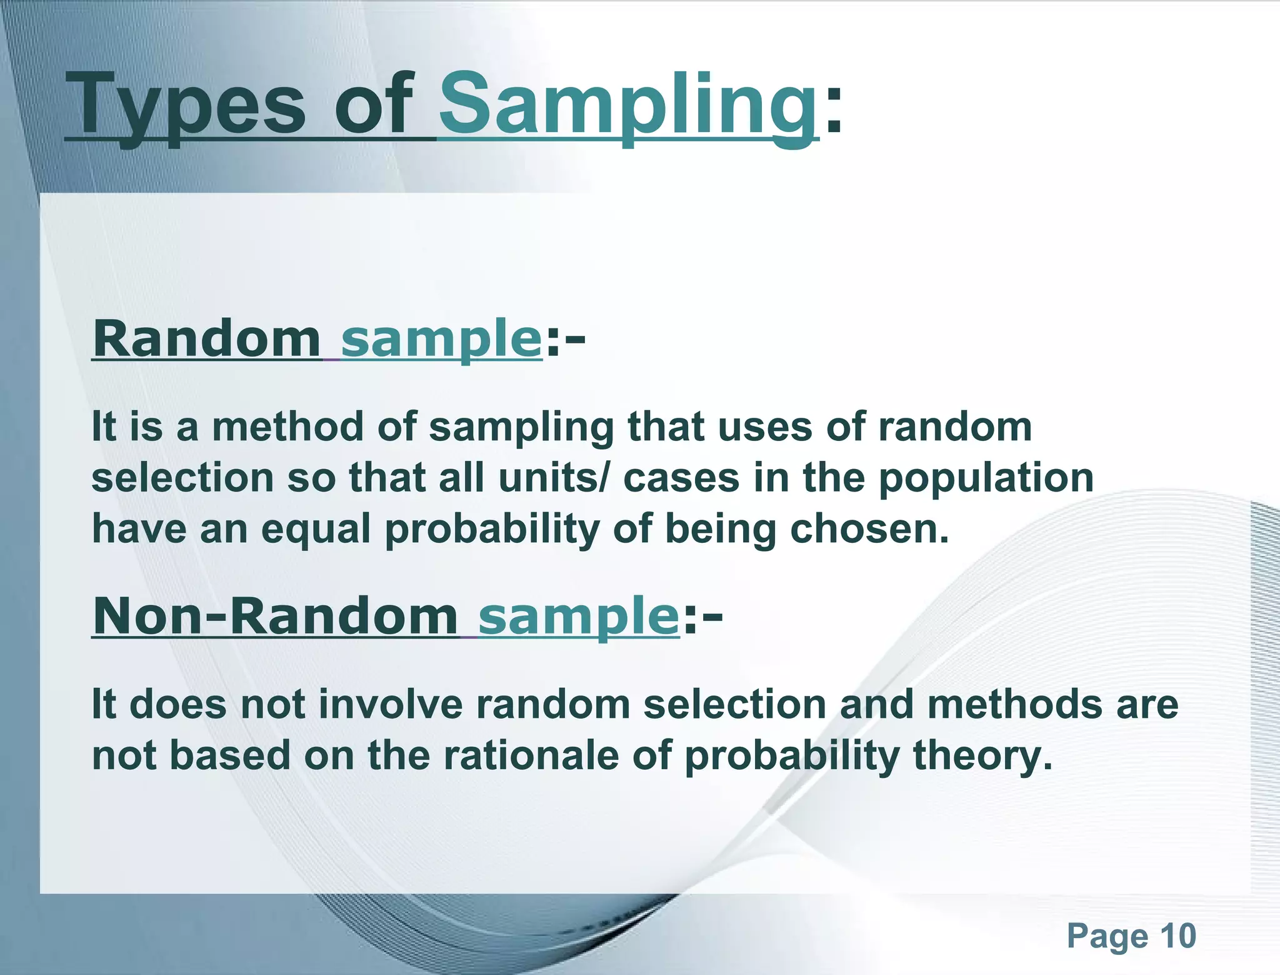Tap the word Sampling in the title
coord(627,105)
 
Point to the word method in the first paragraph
coord(287,427)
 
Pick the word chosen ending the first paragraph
coord(869,530)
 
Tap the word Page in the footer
coord(1107,936)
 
